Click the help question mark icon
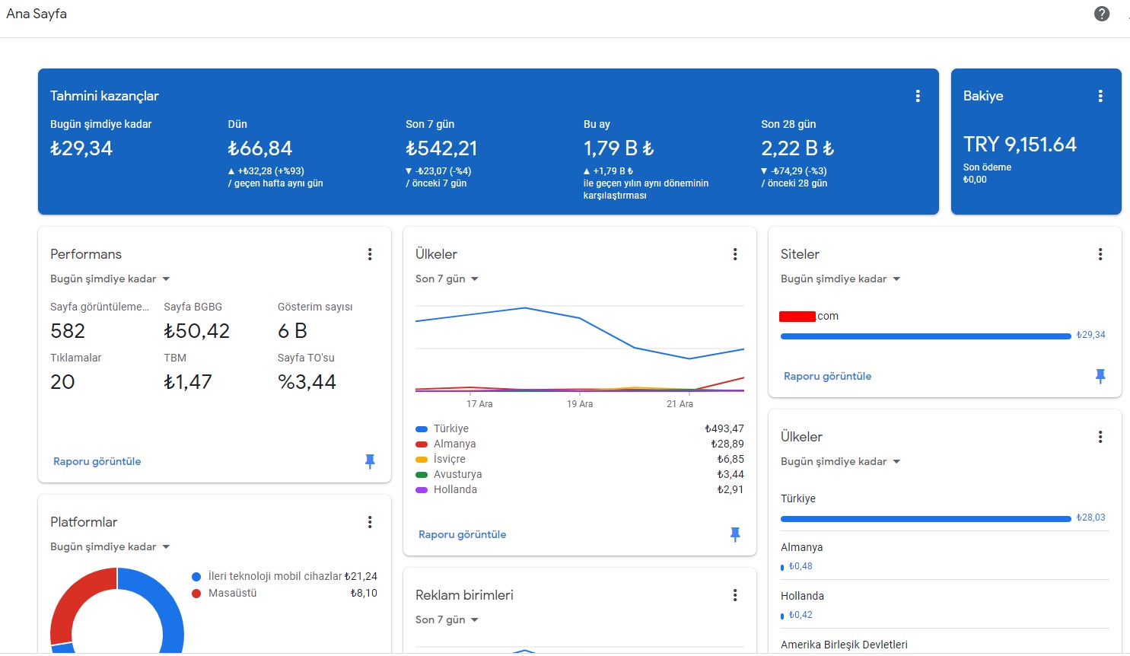[x=1102, y=14]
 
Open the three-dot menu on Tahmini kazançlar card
[x=918, y=96]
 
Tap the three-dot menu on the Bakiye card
[x=1100, y=96]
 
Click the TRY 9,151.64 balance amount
[x=1020, y=145]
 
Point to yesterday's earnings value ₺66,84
[x=259, y=148]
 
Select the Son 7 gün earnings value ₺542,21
[x=441, y=148]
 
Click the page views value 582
[x=68, y=331]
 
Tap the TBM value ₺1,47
[x=188, y=382]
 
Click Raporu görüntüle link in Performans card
[x=97, y=461]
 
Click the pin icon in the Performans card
[x=370, y=461]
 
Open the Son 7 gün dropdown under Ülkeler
[x=447, y=279]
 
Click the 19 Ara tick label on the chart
[x=580, y=403]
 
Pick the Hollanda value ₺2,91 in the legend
[x=730, y=489]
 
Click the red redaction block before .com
[x=797, y=317]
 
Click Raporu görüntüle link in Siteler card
[x=827, y=376]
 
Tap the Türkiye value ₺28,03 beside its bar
[x=1090, y=517]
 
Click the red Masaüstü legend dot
[x=197, y=594]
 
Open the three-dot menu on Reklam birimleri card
[x=735, y=595]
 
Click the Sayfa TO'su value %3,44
[x=307, y=382]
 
